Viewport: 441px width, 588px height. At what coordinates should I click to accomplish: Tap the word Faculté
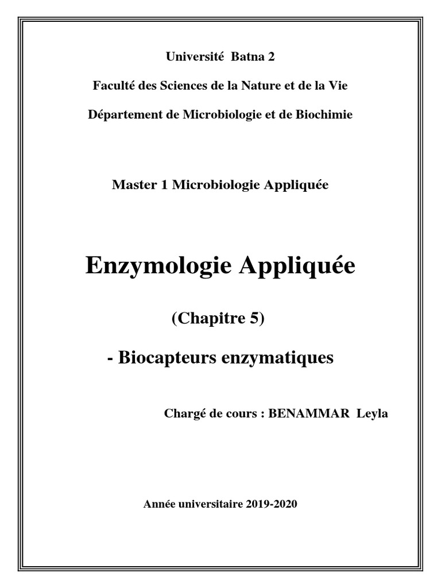(x=113, y=86)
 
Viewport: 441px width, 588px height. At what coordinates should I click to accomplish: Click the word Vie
(x=338, y=86)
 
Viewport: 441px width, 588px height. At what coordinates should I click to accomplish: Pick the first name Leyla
(x=372, y=413)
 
